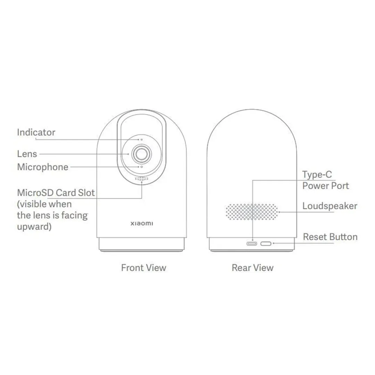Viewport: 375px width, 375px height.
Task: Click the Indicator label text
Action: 36,132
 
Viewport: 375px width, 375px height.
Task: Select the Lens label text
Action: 27,153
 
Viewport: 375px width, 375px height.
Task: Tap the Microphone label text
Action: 43,167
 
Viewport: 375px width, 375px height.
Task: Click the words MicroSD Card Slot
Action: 56,192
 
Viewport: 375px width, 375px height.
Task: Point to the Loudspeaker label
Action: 330,206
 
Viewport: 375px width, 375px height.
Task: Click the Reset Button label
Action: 330,237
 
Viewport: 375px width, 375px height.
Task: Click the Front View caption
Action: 143,268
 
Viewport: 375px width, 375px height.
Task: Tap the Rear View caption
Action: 252,268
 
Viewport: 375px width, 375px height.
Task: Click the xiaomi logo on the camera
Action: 141,223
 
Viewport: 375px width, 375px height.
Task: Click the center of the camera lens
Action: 141,153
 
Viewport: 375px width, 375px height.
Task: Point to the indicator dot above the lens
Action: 141,139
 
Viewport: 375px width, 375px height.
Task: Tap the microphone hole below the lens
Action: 141,167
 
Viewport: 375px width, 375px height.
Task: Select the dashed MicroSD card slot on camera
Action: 141,179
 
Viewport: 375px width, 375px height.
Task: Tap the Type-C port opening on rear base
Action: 252,243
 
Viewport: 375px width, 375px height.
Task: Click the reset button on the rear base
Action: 266,243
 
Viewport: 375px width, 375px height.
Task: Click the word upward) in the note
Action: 34,227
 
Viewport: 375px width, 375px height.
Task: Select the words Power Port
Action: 325,185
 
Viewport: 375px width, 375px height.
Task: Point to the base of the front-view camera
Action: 141,244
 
